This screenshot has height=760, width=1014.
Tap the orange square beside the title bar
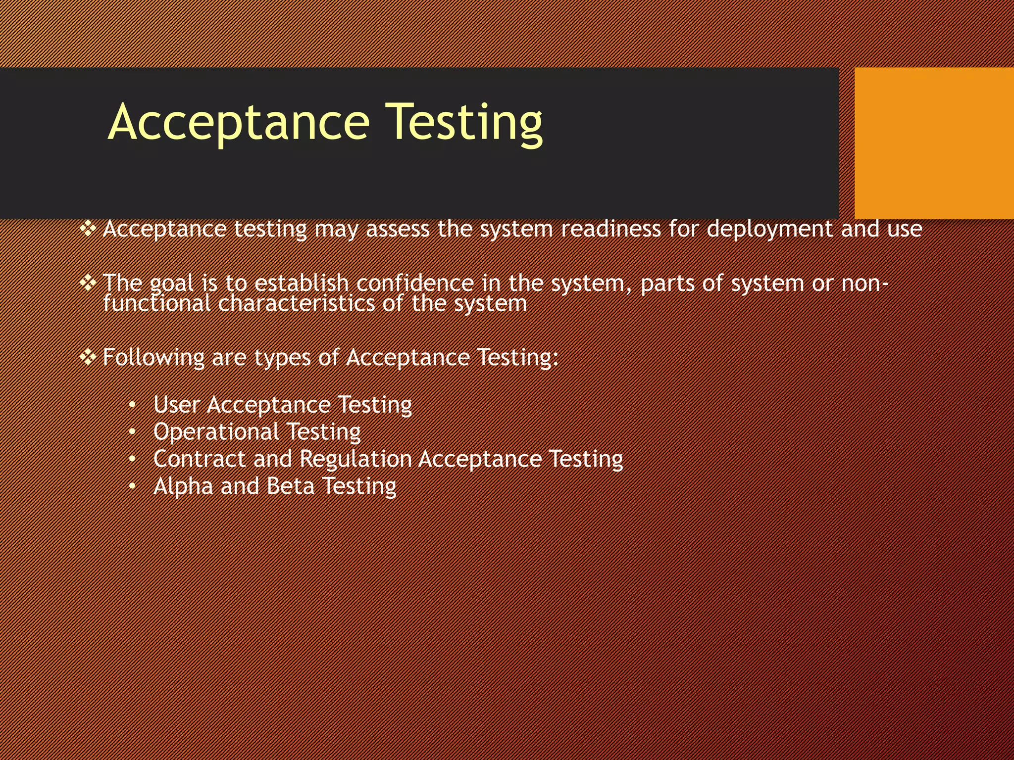pos(934,143)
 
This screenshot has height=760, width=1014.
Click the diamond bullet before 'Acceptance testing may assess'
pos(88,229)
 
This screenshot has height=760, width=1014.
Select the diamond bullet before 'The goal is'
pos(88,283)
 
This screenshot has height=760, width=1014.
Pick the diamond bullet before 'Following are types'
pos(88,357)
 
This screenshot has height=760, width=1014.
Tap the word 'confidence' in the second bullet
pos(415,283)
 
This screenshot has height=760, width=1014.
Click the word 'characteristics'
pos(296,303)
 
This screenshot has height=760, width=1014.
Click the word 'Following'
pos(153,357)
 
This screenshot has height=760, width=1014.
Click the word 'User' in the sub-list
pos(176,405)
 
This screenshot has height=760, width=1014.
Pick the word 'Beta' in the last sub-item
pos(291,486)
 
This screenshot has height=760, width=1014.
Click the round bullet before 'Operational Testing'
pos(132,432)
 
